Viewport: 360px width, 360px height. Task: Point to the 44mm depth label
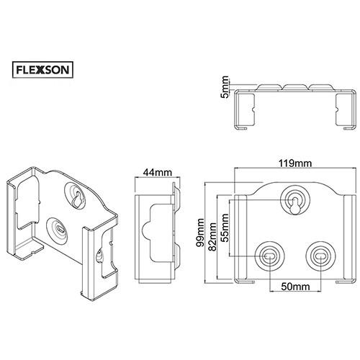(157, 172)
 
